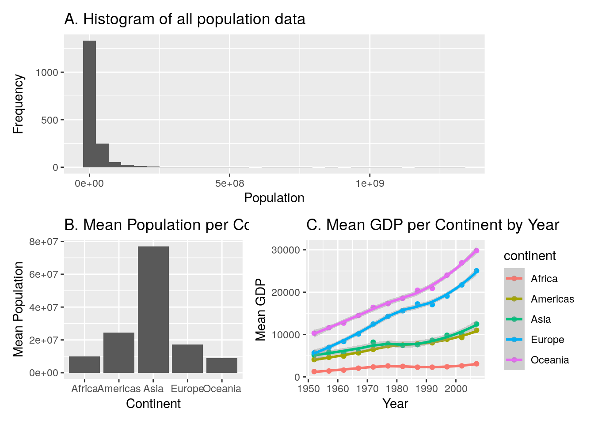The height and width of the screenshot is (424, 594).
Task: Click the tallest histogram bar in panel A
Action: coord(89,104)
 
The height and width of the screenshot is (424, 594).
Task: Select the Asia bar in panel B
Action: coord(153,309)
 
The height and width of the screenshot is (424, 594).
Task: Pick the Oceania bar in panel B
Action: coord(222,365)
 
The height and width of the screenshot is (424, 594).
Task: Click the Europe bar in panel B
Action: coord(187,358)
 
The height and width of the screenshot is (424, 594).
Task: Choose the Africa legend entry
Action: coord(544,279)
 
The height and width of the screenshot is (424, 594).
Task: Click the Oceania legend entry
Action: coord(549,360)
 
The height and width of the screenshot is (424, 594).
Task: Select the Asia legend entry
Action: coord(541,319)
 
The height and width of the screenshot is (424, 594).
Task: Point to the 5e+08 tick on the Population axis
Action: coord(229,183)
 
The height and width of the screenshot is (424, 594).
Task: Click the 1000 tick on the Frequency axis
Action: coord(47,72)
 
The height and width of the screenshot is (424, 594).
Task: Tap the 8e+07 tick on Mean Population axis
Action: coord(43,242)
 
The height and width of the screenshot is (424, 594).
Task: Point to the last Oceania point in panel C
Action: coord(476,250)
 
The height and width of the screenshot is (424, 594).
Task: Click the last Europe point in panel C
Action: coord(476,271)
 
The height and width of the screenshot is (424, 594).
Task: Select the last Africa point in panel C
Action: coord(476,363)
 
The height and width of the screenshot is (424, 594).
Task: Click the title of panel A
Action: coord(185,19)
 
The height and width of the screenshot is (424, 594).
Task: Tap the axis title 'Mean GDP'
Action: coord(261,310)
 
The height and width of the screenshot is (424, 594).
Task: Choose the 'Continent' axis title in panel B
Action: coord(153,404)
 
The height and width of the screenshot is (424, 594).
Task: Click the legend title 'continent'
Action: coord(529,256)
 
